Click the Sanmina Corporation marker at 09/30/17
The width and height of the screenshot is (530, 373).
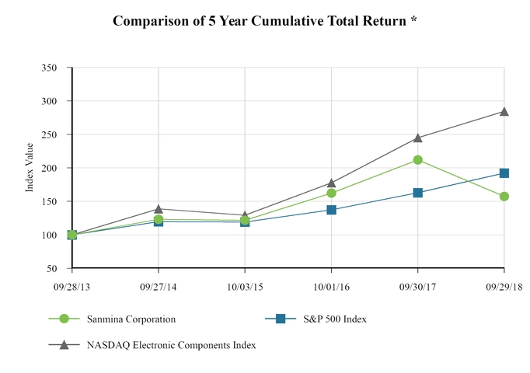pos(418,160)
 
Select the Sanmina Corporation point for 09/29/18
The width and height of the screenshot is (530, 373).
pos(504,197)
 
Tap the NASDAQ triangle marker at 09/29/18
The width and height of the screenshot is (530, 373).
pos(504,112)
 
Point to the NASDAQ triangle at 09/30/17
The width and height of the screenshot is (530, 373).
pos(418,138)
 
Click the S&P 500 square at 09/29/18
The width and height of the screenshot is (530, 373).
pos(504,173)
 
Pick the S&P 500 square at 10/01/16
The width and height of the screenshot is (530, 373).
pos(332,210)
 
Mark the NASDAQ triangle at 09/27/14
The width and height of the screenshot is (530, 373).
pos(159,208)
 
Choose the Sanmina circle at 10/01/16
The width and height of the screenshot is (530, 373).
pos(332,193)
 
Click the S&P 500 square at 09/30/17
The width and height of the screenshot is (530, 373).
pos(418,193)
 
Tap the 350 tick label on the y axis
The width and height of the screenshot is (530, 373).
pos(49,68)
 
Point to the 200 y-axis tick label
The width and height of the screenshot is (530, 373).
pos(49,168)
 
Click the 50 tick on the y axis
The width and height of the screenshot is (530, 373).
pos(52,268)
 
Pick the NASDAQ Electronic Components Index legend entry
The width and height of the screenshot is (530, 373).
pos(169,344)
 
